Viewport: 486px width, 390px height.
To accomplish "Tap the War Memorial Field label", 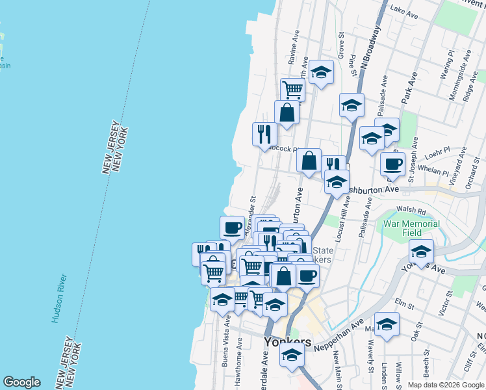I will pos(411,228).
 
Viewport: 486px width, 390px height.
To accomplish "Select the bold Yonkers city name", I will pos(287,342).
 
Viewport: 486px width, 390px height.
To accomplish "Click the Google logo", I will pos(21,382).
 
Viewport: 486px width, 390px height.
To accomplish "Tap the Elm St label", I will pos(404,303).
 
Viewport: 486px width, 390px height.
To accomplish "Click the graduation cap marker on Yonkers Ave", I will pos(421,251).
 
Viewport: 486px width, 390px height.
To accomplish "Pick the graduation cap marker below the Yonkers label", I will pos(292,355).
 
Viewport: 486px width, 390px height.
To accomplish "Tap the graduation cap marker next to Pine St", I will pos(352,105).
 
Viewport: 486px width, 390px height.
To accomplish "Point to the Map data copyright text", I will pos(445,385).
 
